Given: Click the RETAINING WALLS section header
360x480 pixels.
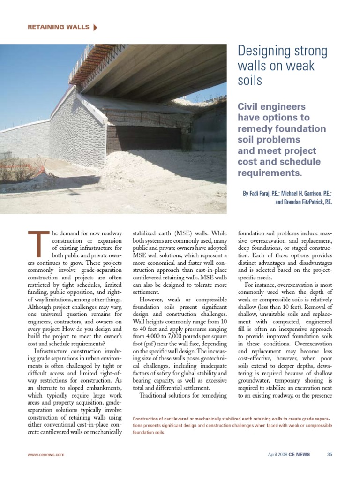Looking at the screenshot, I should pyautogui.click(x=58, y=27).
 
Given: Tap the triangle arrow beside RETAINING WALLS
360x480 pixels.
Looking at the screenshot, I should pyautogui.click(x=96, y=27).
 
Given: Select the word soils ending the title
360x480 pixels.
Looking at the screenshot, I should pyautogui.click(x=250, y=80).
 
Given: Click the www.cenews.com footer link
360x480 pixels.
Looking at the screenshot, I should pyautogui.click(x=46, y=454).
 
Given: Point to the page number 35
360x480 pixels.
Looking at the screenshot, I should pyautogui.click(x=330, y=454).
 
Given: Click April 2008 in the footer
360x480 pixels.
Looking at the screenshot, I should pyautogui.click(x=277, y=454).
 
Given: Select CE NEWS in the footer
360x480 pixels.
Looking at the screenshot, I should pyautogui.click(x=300, y=454).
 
